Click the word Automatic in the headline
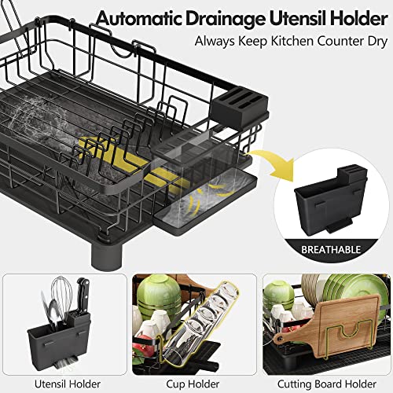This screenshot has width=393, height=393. click(139, 18)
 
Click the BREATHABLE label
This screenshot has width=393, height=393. click(331, 250)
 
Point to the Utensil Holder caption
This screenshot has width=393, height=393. click(68, 384)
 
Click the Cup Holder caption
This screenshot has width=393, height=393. click(193, 384)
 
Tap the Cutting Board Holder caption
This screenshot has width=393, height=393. click(327, 384)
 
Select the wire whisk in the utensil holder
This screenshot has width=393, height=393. click(61, 296)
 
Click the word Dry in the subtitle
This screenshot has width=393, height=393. click(377, 42)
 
